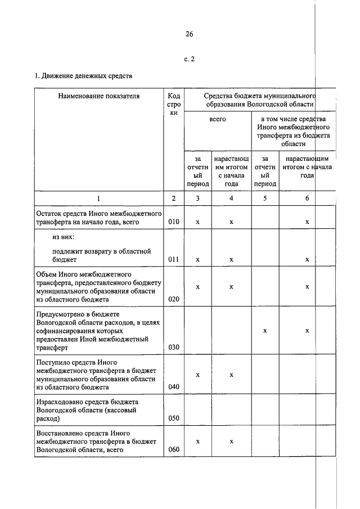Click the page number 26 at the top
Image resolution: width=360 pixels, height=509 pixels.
189,34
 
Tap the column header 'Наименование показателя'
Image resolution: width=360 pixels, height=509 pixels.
98,96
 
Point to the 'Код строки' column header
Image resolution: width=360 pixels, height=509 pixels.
174,104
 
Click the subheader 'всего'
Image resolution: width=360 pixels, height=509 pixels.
217,120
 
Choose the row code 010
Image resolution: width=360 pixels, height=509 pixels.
174,222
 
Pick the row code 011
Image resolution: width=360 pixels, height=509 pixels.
174,260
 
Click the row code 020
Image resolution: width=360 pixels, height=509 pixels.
174,299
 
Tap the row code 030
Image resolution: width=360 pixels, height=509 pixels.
174,347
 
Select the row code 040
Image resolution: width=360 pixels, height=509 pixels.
174,387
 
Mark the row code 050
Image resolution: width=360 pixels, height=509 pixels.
174,418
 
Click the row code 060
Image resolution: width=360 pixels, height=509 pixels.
174,450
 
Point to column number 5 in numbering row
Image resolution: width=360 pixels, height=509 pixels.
265,199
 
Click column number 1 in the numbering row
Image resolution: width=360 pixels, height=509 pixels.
98,199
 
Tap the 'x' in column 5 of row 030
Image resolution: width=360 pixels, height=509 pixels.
265,331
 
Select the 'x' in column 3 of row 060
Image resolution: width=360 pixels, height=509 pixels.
197,442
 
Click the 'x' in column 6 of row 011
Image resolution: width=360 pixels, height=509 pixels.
307,260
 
